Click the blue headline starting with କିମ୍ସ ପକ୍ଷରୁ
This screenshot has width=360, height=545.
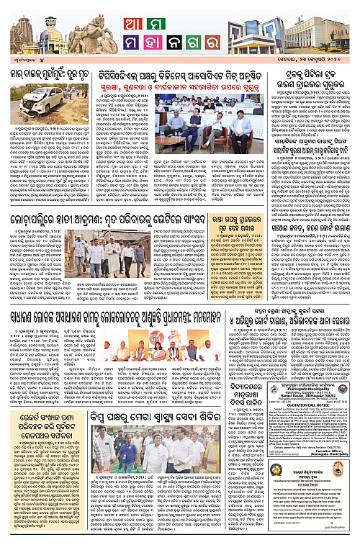[x=140, y=440]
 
